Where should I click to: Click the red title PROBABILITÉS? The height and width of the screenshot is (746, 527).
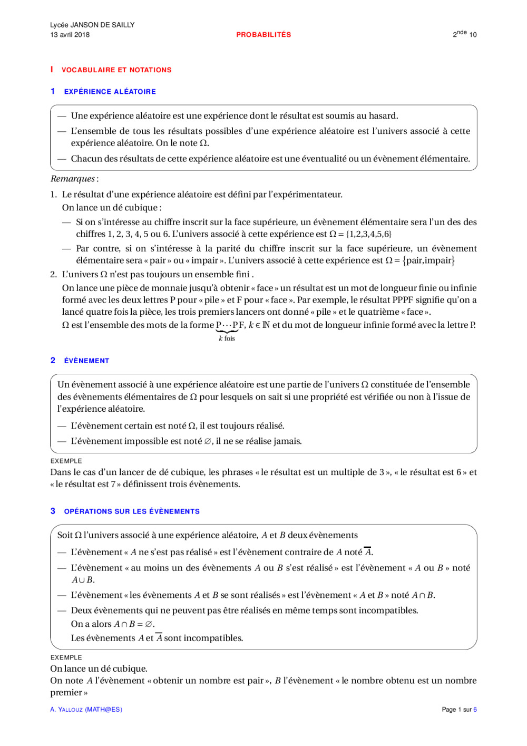tap(263, 35)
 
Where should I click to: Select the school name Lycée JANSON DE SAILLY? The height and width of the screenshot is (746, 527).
tap(92, 25)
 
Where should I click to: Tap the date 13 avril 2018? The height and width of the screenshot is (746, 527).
tap(70, 35)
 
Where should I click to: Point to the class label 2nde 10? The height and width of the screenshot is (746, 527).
tap(464, 34)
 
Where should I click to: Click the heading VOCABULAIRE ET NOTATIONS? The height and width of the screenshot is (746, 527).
tap(116, 70)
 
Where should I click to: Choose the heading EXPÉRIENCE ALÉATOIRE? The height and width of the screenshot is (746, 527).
tap(110, 92)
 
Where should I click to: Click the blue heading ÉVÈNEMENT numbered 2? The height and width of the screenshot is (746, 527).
tap(86, 361)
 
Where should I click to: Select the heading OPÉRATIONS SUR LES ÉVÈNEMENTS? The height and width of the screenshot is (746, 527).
tap(132, 511)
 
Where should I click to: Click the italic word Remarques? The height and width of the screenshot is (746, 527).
tap(73, 179)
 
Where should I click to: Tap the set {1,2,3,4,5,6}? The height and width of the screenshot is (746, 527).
tap(368, 234)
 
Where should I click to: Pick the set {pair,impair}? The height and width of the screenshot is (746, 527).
tap(428, 260)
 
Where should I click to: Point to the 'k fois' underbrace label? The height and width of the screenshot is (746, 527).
tap(227, 338)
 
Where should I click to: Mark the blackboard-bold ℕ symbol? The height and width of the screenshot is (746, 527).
tap(266, 325)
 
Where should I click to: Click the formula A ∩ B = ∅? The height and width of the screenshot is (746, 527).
tap(134, 624)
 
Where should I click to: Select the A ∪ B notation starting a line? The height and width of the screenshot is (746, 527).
tap(83, 580)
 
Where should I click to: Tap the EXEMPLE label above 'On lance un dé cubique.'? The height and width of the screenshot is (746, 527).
tap(66, 657)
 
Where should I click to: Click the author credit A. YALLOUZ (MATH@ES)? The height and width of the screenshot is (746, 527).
tap(86, 710)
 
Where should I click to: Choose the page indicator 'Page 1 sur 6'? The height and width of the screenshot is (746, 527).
tap(459, 710)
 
